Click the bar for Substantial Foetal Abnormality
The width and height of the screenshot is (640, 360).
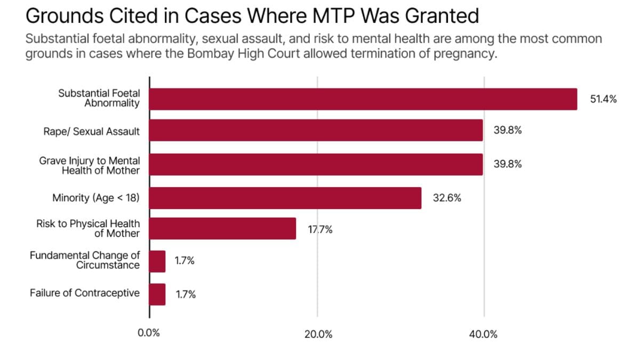tap(363, 99)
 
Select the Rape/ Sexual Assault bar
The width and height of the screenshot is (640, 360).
tap(316, 131)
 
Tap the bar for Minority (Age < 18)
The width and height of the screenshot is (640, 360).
tap(285, 198)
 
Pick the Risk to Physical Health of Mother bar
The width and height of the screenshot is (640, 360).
tap(222, 228)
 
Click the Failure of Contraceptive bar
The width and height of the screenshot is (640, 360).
tap(157, 294)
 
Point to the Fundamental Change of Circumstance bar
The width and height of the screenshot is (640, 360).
tap(157, 261)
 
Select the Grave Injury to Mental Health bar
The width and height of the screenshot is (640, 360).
tap(316, 164)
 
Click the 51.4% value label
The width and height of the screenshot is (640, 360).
tap(603, 99)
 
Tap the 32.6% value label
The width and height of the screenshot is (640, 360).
tap(447, 198)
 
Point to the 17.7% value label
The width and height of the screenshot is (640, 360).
tap(320, 230)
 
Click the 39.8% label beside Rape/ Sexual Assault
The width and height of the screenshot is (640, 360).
tap(507, 131)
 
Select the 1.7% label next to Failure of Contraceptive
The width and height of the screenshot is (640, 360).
tap(186, 294)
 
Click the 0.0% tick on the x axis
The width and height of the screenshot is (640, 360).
tap(149, 334)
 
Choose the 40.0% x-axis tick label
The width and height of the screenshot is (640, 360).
tap(483, 334)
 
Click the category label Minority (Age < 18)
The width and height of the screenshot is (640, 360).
tap(96, 198)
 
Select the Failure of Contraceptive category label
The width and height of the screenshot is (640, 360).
tap(85, 293)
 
